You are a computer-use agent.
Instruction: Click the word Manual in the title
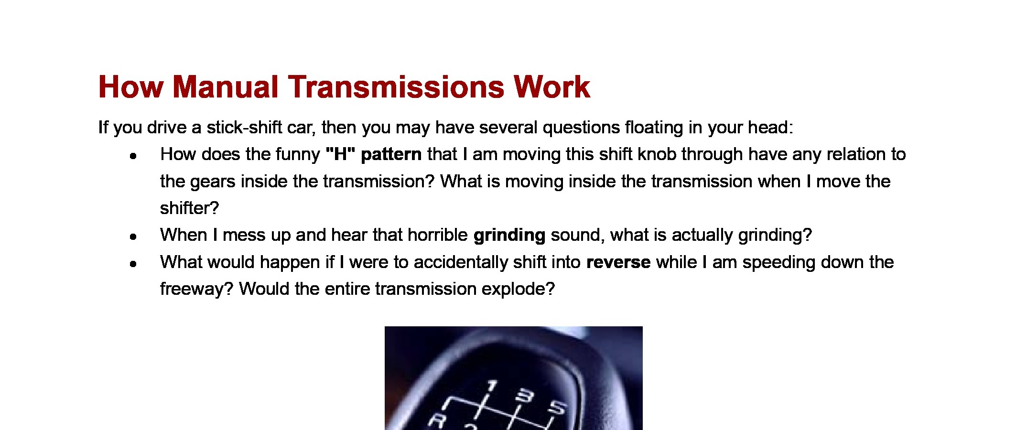tap(225, 87)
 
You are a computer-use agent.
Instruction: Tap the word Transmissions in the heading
tap(396, 87)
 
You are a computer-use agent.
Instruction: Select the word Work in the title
tap(551, 87)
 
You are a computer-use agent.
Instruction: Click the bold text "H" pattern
tap(373, 154)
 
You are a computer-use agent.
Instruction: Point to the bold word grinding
tap(509, 236)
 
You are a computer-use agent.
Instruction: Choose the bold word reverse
tap(618, 262)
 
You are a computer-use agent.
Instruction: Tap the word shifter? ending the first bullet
tap(189, 208)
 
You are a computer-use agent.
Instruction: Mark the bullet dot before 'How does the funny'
tap(133, 156)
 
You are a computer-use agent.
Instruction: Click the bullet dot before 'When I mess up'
tap(133, 236)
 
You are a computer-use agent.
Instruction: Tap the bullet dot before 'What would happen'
tap(133, 264)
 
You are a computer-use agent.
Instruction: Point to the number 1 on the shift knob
tap(492, 387)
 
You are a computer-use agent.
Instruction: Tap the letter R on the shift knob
tap(437, 421)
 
